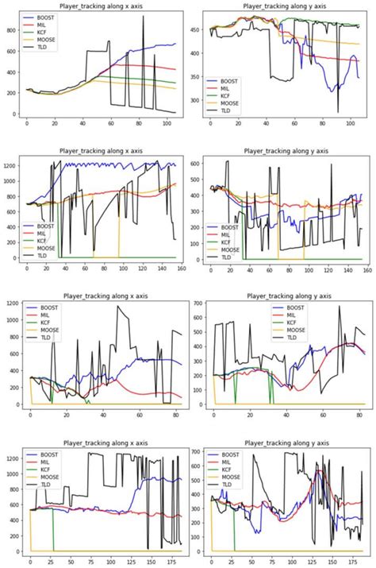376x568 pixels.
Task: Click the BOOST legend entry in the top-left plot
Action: pos(48,16)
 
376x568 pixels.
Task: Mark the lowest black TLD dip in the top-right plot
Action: pos(338,112)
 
